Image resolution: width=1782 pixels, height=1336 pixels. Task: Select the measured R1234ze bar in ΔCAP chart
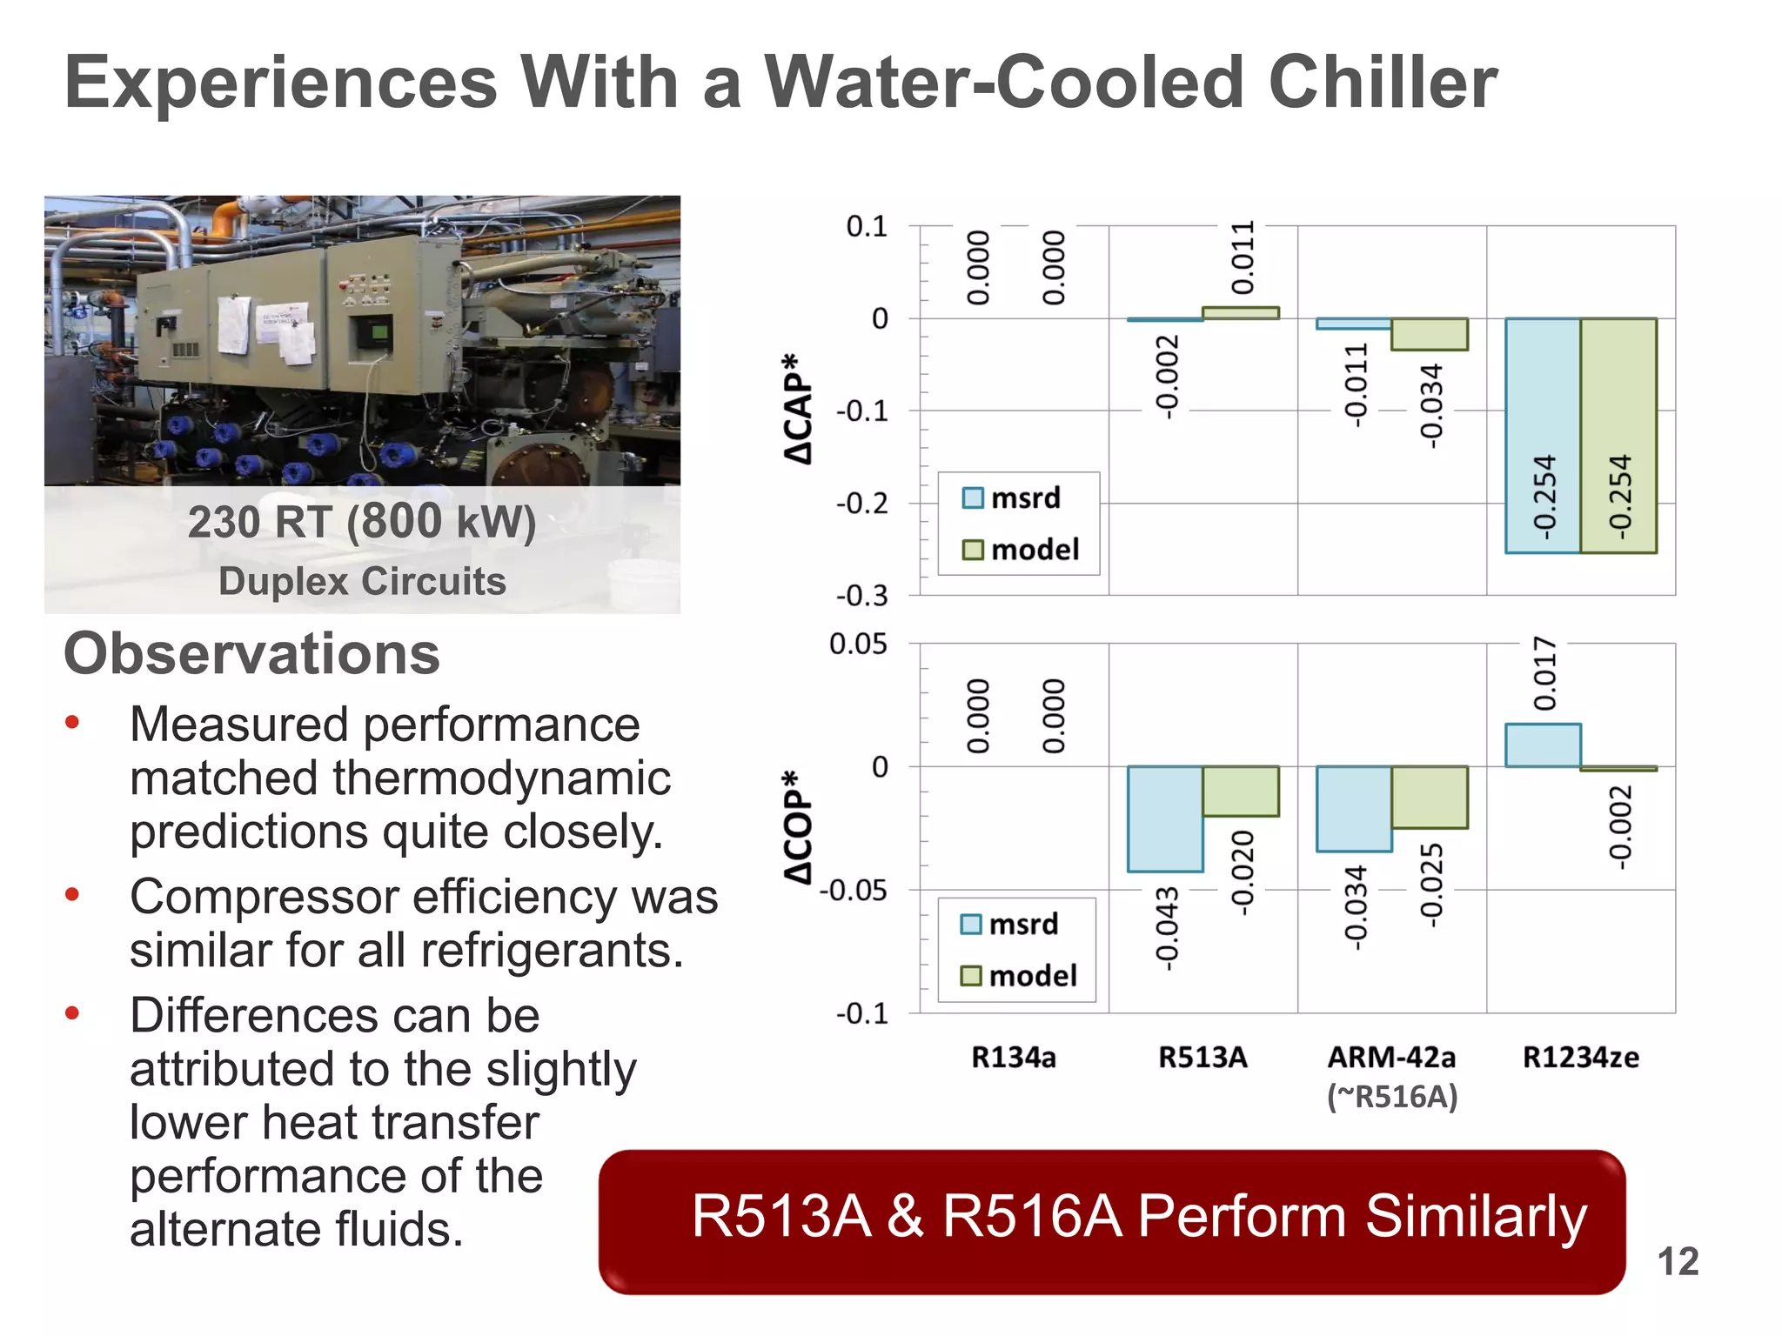click(x=1543, y=435)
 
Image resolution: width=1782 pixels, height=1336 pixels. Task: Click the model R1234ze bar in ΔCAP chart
click(x=1618, y=435)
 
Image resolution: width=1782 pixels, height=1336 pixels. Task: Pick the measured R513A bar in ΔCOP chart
click(x=1165, y=818)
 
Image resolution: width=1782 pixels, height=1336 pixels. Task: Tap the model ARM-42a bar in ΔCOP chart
click(x=1430, y=797)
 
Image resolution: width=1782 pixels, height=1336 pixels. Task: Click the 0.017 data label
click(x=1544, y=673)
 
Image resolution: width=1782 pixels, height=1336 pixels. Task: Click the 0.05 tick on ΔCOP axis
click(x=858, y=645)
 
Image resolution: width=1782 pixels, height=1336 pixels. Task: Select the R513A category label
click(x=1203, y=1058)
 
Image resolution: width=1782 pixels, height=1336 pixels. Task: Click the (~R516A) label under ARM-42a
click(x=1391, y=1097)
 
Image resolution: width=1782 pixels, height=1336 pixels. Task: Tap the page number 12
click(x=1677, y=1262)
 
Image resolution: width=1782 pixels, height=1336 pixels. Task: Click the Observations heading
click(x=251, y=654)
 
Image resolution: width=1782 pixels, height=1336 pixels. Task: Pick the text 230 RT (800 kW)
click(x=362, y=523)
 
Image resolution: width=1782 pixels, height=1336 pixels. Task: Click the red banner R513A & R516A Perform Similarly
click(x=1112, y=1221)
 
